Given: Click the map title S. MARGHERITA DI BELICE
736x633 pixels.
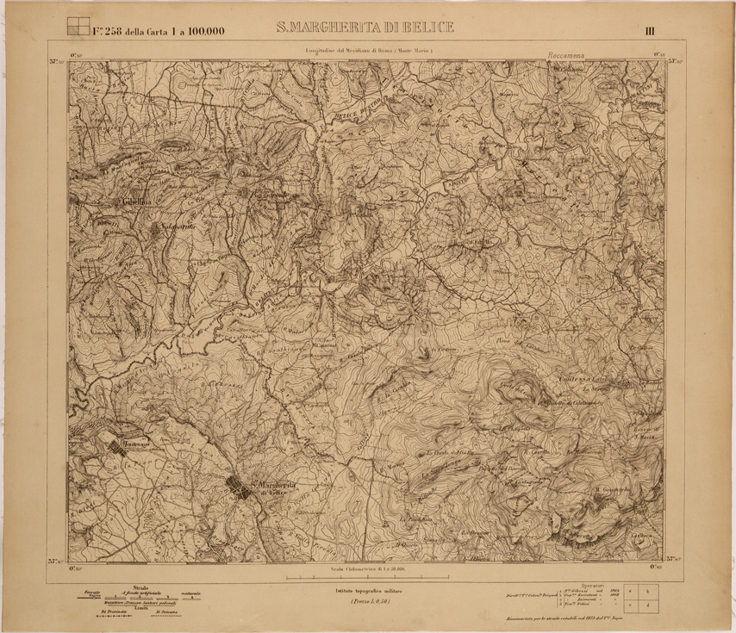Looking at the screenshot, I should (x=365, y=28).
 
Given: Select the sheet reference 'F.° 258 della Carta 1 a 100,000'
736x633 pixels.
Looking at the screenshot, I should (x=159, y=32).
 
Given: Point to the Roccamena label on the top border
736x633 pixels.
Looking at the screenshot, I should (x=564, y=55).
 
